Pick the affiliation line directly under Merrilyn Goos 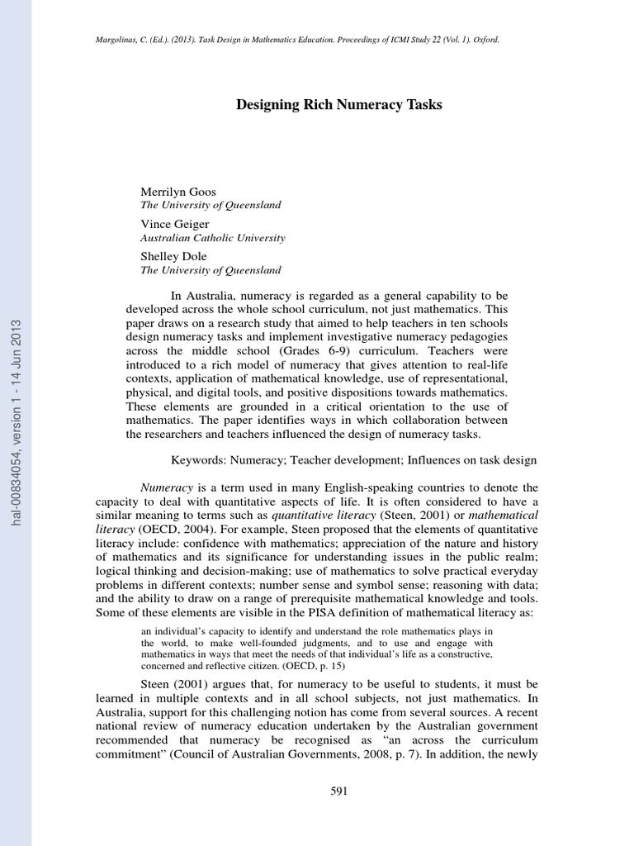[211, 205]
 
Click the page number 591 [339, 791]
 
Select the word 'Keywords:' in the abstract [196, 460]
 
